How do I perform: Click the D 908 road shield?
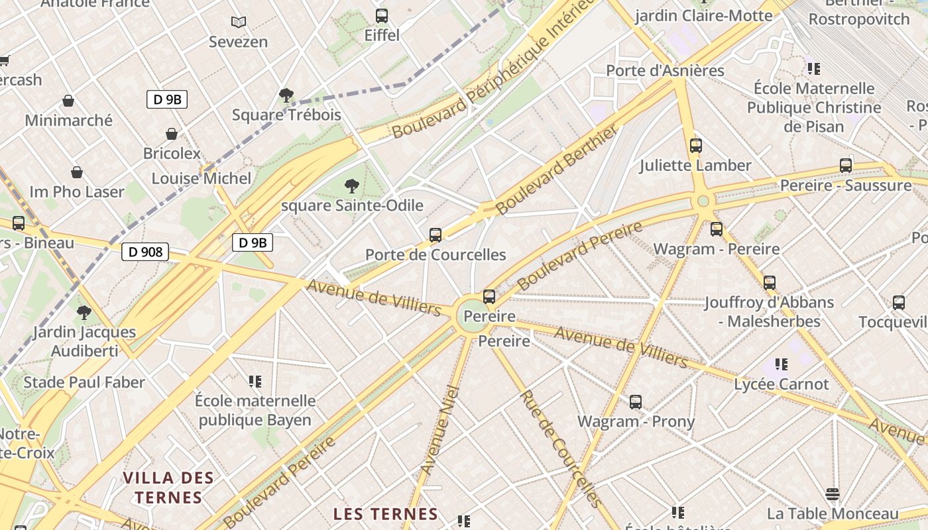point(145,252)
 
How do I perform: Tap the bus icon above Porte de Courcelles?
point(435,235)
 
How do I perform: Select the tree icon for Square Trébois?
point(286,95)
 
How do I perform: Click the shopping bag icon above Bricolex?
point(172,134)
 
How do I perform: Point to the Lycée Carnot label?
point(782,384)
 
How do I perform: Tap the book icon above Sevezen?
point(239,22)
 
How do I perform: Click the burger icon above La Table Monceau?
point(833,494)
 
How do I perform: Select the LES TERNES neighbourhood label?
point(385,514)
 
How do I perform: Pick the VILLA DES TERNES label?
point(168,488)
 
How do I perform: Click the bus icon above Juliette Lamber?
point(695,146)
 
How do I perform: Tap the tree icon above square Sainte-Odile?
point(352,186)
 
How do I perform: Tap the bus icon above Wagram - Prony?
point(635,401)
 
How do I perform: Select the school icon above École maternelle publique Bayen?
point(255,381)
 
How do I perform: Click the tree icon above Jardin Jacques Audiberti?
point(84,312)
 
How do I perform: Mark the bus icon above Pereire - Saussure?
point(846,166)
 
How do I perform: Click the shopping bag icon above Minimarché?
point(68,101)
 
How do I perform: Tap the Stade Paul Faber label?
point(84,382)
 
